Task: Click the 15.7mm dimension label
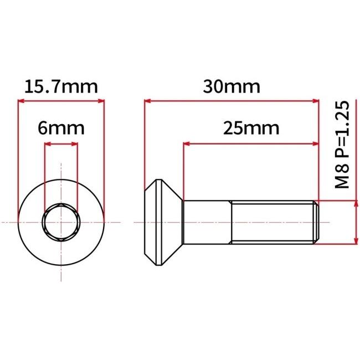click(x=61, y=87)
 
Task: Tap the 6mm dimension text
click(x=61, y=128)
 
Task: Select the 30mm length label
click(x=232, y=87)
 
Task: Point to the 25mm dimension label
click(x=251, y=128)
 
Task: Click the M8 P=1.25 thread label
click(x=342, y=145)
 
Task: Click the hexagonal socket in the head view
click(x=61, y=222)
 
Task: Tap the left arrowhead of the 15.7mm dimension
click(x=22, y=101)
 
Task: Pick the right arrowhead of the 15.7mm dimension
click(x=101, y=101)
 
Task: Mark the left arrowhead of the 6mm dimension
click(x=48, y=144)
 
